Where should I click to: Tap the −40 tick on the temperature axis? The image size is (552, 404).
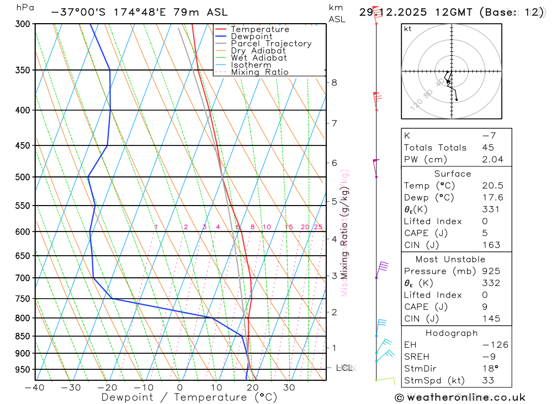[x=35, y=387]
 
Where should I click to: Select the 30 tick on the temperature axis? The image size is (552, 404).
[x=289, y=387]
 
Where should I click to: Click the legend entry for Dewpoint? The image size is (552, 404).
[x=251, y=36]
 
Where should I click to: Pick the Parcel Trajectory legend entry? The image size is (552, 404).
[x=271, y=44]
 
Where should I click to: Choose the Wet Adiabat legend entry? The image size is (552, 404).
[x=258, y=58]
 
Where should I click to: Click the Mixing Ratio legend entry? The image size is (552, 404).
[x=259, y=72]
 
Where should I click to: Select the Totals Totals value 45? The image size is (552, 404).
[x=488, y=148]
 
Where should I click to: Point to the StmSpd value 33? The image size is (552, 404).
[x=488, y=380]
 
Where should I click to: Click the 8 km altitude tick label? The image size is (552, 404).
[x=335, y=83]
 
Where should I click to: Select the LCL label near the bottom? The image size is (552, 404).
[x=344, y=368]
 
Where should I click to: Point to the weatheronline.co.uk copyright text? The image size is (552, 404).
[x=460, y=397]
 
